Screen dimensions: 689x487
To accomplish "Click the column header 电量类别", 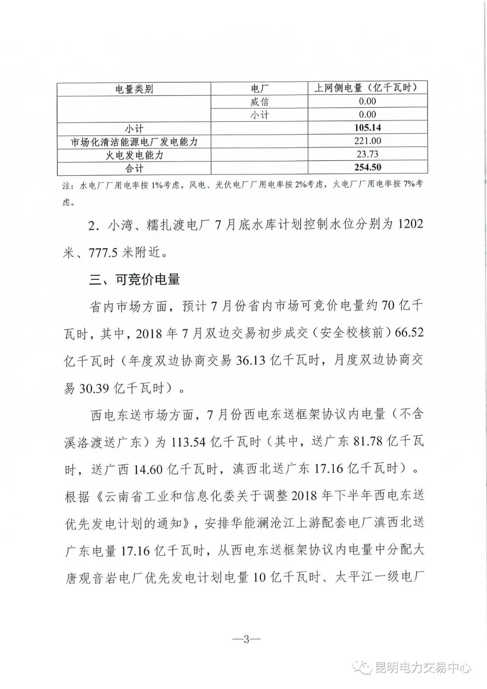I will click(x=134, y=89).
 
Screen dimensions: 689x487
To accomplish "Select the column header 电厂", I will click(x=259, y=89).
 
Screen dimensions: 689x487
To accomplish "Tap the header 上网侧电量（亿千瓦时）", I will click(x=368, y=88).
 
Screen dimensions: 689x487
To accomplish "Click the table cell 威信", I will click(x=259, y=102).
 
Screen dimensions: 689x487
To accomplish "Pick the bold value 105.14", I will click(x=368, y=128).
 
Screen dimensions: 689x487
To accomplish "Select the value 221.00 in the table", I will click(x=368, y=141).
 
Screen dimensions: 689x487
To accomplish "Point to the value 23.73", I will click(x=368, y=155).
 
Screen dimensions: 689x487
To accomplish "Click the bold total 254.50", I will click(x=368, y=168).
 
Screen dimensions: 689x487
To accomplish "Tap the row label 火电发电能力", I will click(x=134, y=155).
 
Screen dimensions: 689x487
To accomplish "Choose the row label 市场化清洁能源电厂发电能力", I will click(x=134, y=142).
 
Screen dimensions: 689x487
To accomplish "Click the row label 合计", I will click(x=134, y=169).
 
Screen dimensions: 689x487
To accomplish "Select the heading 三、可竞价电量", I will click(x=135, y=280).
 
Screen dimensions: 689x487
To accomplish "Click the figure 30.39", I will click(x=94, y=388).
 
